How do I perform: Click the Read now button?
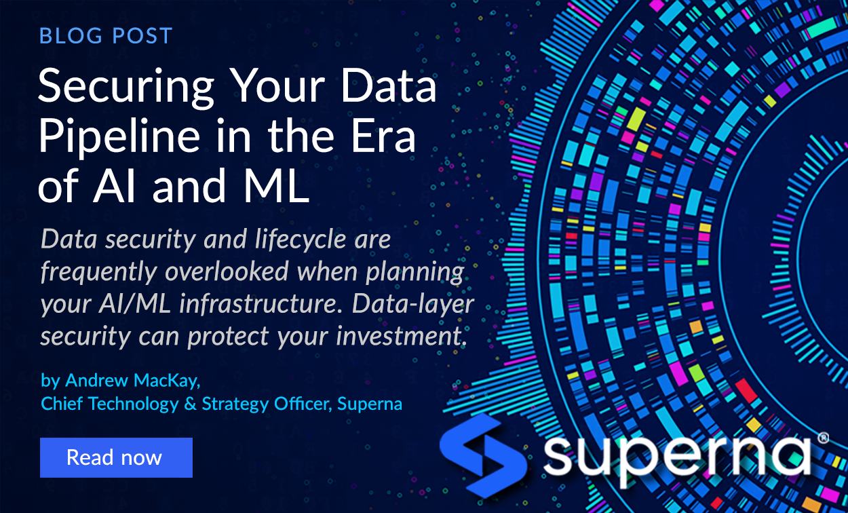click(115, 457)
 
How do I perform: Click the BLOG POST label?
click(106, 35)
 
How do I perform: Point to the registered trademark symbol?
click(823, 438)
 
